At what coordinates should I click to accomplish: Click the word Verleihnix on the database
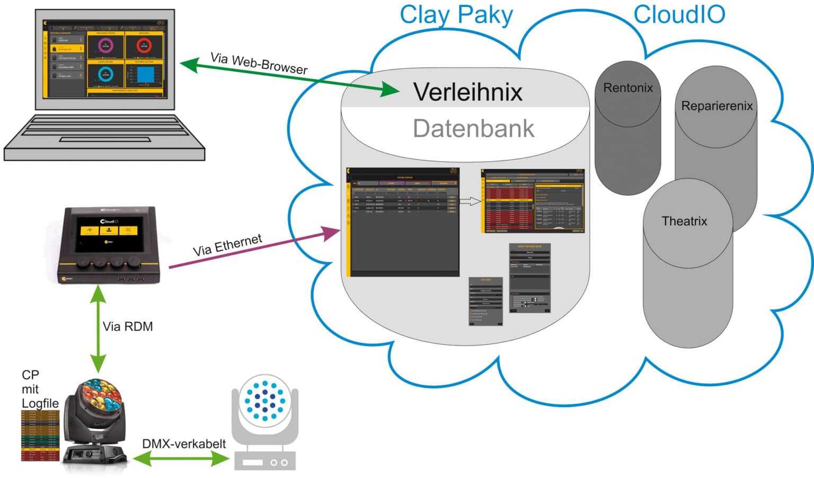tap(467, 92)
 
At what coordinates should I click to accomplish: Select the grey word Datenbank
tap(473, 129)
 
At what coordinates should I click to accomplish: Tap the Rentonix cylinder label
tap(627, 88)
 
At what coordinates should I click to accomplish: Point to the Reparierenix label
tap(716, 106)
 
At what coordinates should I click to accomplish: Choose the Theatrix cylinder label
tap(684, 221)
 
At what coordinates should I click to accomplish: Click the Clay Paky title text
tap(456, 15)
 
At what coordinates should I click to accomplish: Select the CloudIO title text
tap(679, 14)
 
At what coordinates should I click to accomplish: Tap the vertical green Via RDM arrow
tap(98, 329)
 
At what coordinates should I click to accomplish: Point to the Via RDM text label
tap(128, 326)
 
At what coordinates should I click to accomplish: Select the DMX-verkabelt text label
tap(184, 444)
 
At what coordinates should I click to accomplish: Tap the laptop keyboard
tap(105, 129)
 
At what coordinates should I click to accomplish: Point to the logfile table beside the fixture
tap(40, 435)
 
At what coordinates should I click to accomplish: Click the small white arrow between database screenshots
tap(470, 201)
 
